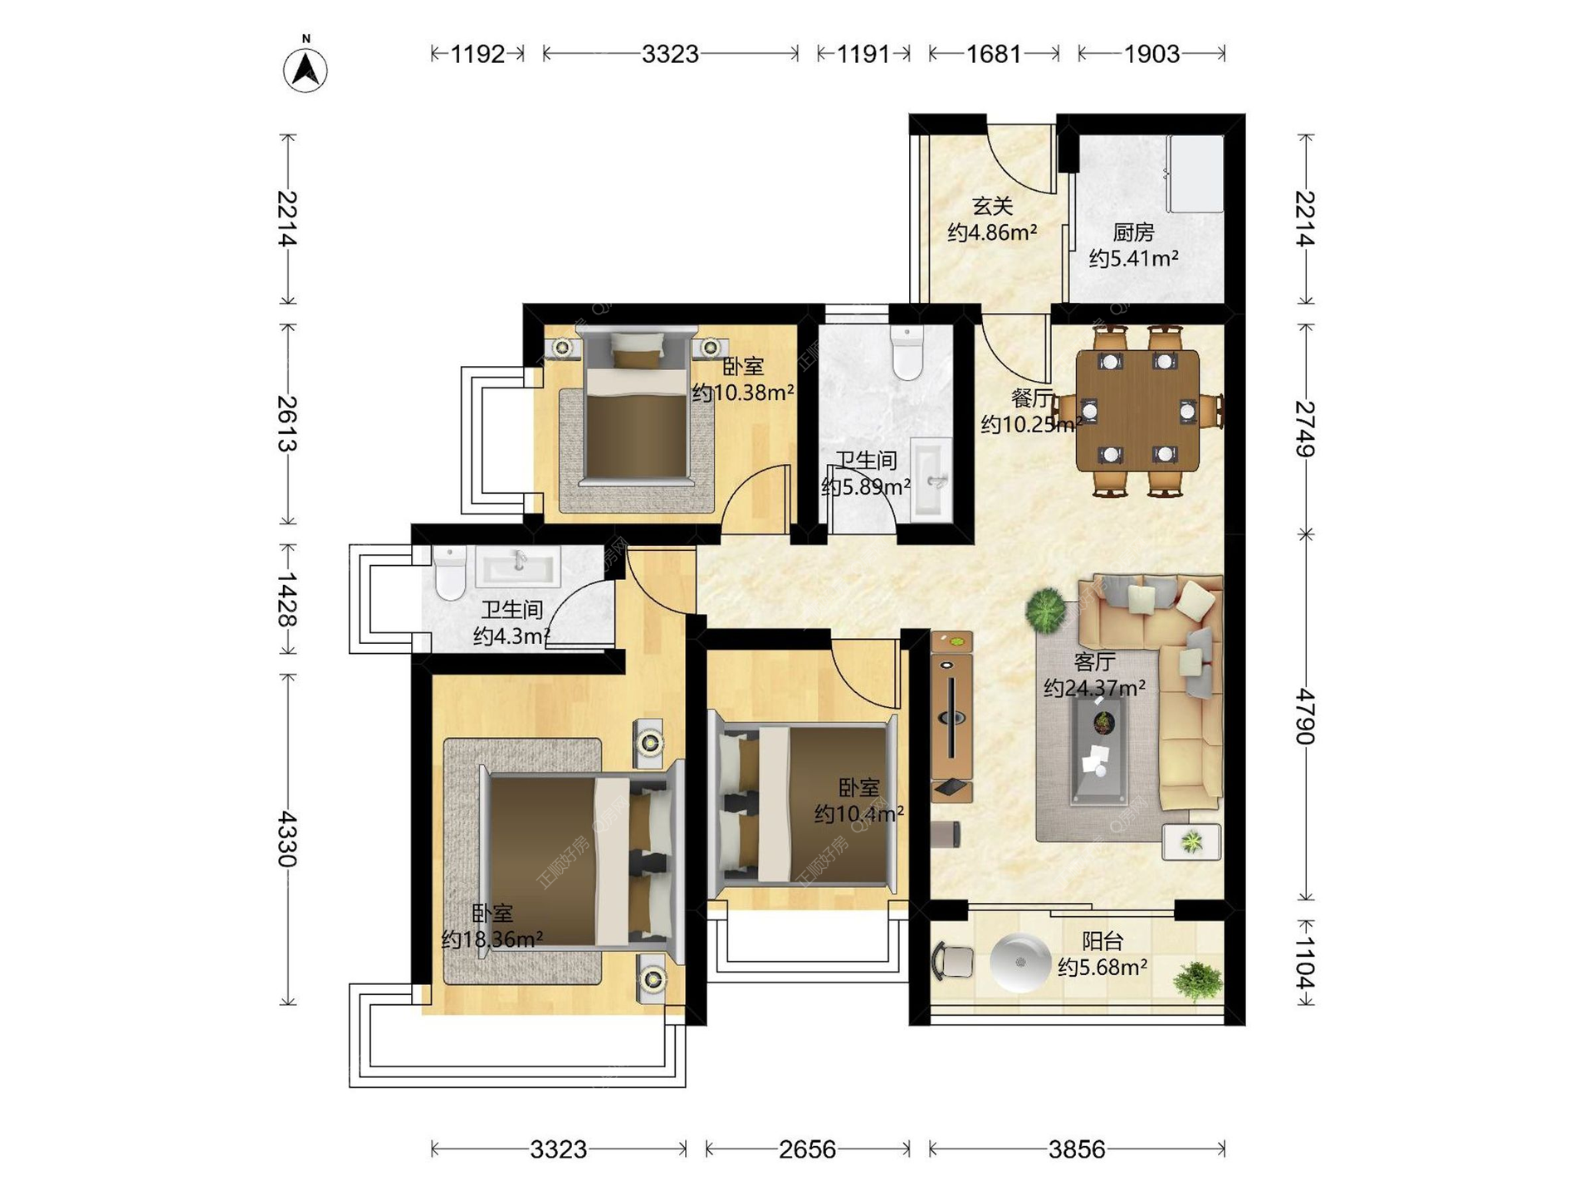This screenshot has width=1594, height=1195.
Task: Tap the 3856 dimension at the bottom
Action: (1077, 1149)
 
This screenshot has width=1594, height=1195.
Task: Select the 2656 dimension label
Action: (807, 1149)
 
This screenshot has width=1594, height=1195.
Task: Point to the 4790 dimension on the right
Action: (1305, 716)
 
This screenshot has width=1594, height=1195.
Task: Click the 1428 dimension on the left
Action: (287, 598)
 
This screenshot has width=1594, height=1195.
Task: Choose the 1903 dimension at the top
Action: (1151, 54)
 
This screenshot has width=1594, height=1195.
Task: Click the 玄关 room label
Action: (992, 205)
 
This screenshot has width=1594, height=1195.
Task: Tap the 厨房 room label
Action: (1133, 232)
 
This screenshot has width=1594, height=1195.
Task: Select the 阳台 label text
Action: (1103, 941)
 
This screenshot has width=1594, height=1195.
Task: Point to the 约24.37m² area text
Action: (1094, 688)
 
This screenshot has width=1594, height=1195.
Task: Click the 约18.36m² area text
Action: (492, 939)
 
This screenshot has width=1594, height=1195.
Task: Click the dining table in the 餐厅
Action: (1137, 410)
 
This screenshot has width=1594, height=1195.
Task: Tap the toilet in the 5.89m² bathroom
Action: (907, 352)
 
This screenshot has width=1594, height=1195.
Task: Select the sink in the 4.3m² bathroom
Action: (518, 566)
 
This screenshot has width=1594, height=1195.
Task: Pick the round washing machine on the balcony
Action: (1020, 963)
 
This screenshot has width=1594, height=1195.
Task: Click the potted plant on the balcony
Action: (1198, 981)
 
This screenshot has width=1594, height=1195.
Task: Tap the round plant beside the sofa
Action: (1046, 610)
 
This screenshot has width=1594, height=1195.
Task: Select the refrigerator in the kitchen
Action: (1195, 174)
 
